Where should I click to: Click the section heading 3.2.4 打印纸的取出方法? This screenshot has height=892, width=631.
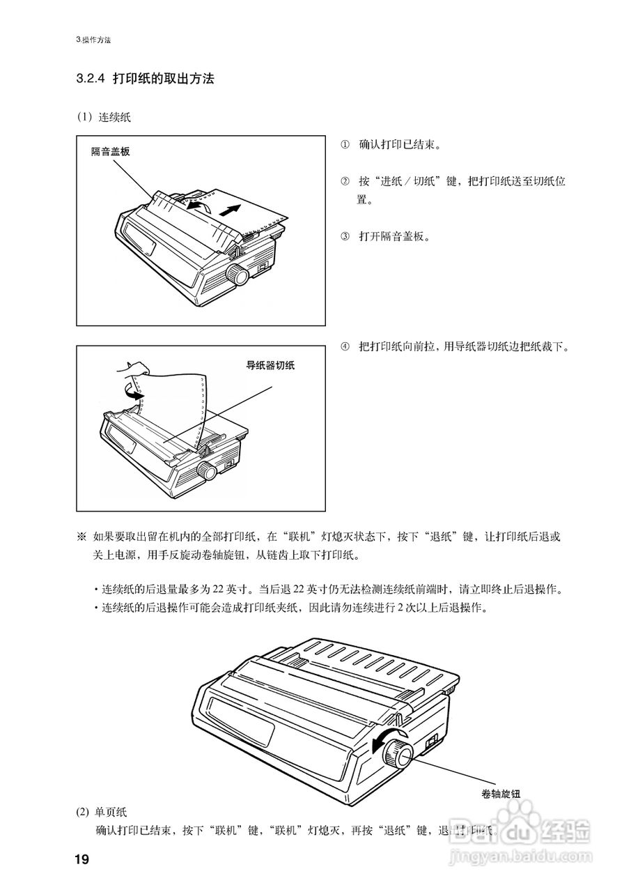click(145, 79)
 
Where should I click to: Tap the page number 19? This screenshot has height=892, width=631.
click(82, 859)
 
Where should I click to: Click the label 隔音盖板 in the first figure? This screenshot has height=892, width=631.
click(110, 151)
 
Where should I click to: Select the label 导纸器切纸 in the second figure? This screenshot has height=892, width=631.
click(270, 365)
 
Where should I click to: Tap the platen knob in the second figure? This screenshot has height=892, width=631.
click(207, 470)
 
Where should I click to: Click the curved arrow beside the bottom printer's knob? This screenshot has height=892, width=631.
click(382, 743)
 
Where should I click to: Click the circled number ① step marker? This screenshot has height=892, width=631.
click(344, 145)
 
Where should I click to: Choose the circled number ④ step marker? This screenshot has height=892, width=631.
click(344, 346)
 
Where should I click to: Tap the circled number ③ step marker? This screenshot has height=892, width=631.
click(344, 236)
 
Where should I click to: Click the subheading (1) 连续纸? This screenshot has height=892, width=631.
click(104, 117)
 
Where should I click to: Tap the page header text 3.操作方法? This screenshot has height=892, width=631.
click(93, 40)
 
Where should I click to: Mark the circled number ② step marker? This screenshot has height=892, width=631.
click(344, 181)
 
